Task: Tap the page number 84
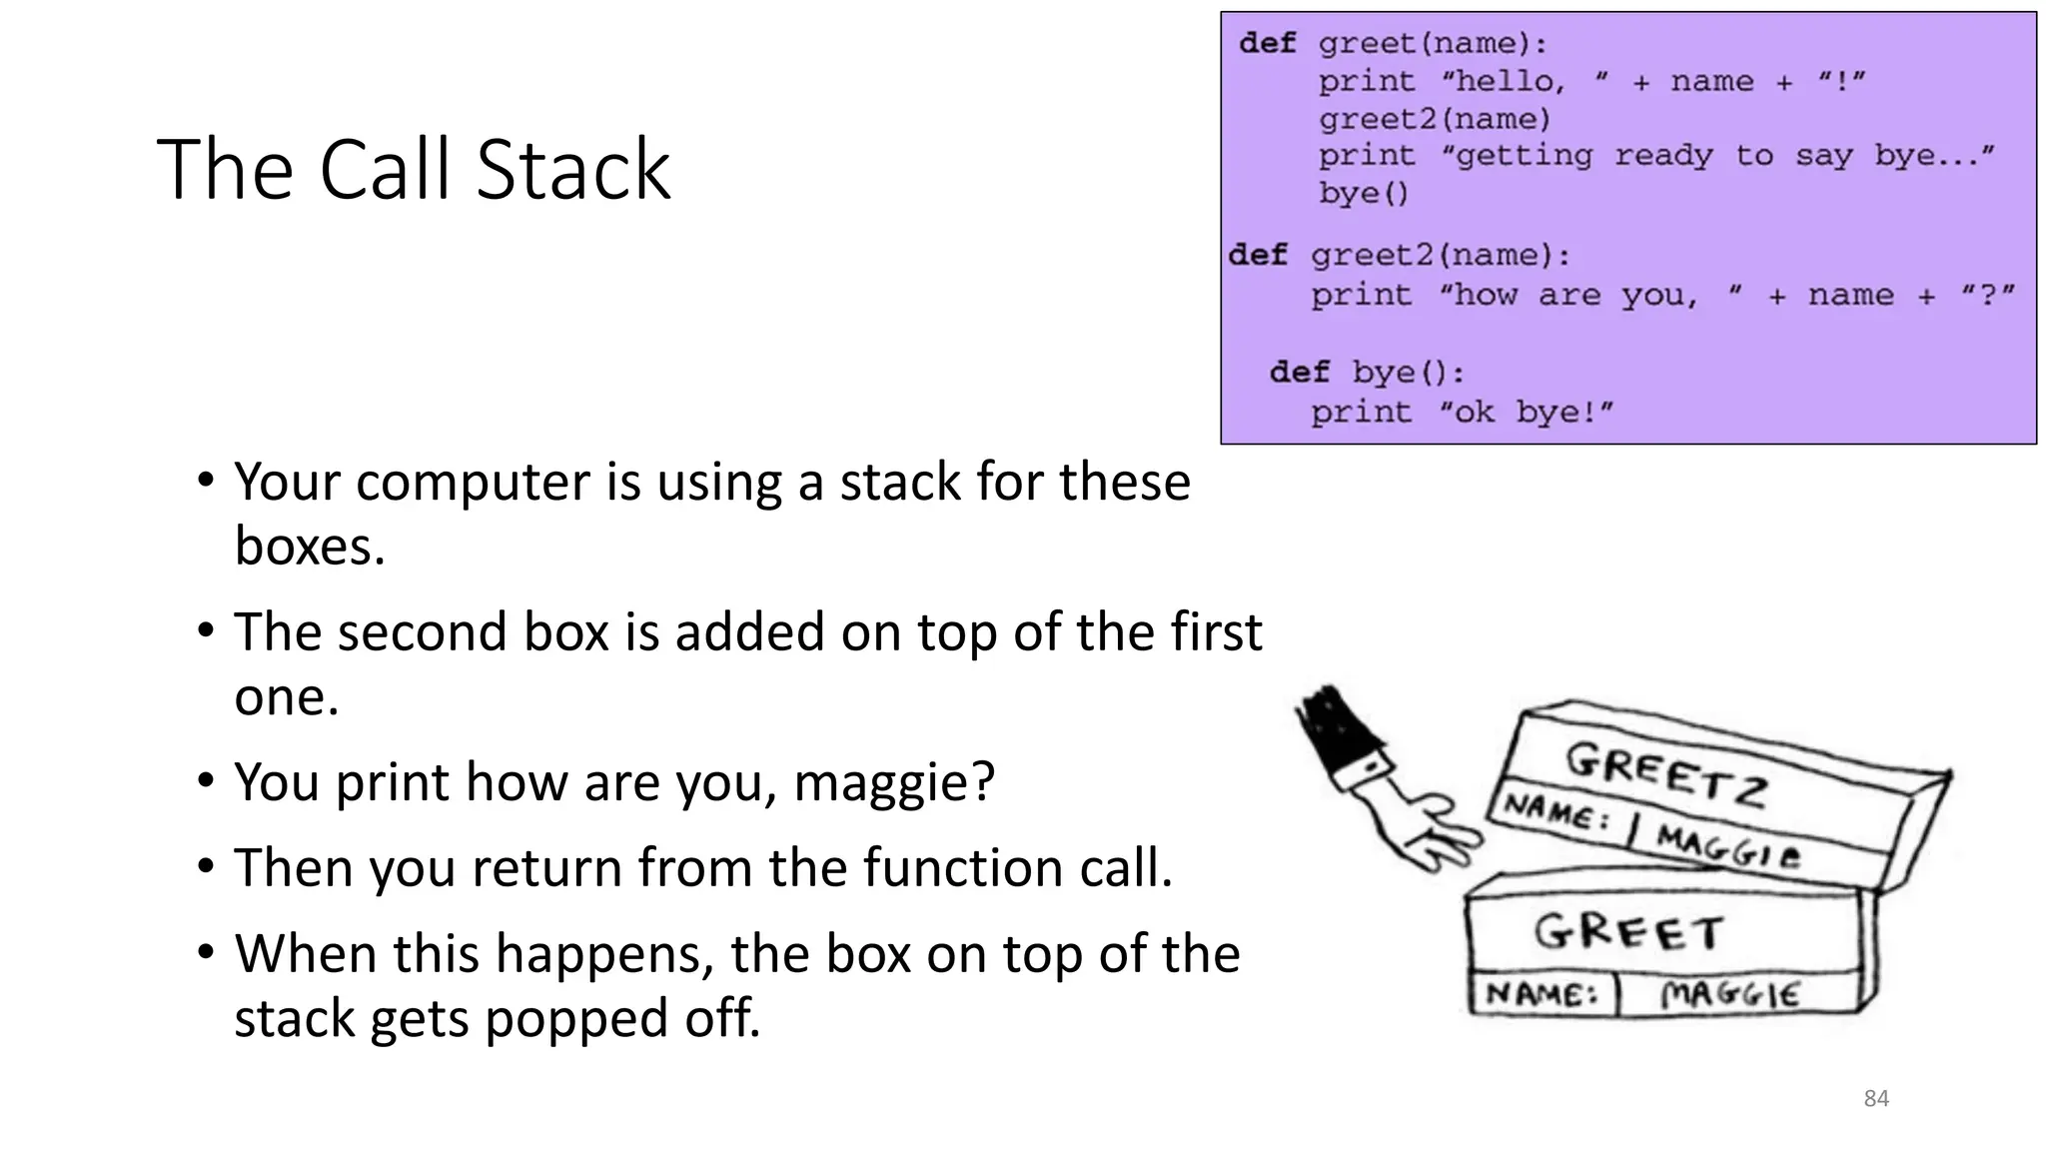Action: coord(1876,1099)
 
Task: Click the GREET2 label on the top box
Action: coord(1666,776)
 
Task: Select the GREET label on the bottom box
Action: coord(1628,932)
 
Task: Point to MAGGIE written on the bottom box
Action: coord(1730,994)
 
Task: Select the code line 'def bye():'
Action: coord(1367,373)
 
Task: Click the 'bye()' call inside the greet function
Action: coord(1363,193)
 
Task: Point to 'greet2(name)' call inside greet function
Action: coord(1435,119)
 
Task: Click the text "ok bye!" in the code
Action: coord(1526,412)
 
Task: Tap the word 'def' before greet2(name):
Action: coord(1258,255)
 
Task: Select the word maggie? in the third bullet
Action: coord(894,782)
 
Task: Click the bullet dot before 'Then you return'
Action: coord(206,865)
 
